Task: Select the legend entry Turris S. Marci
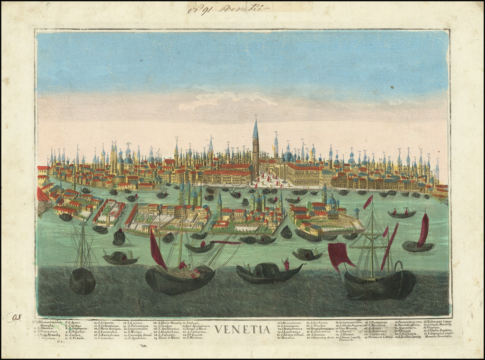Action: point(169,338)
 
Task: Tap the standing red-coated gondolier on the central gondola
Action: point(286,263)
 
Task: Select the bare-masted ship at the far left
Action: point(83,265)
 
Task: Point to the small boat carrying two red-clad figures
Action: point(401,213)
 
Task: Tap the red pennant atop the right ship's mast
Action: point(368,202)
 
